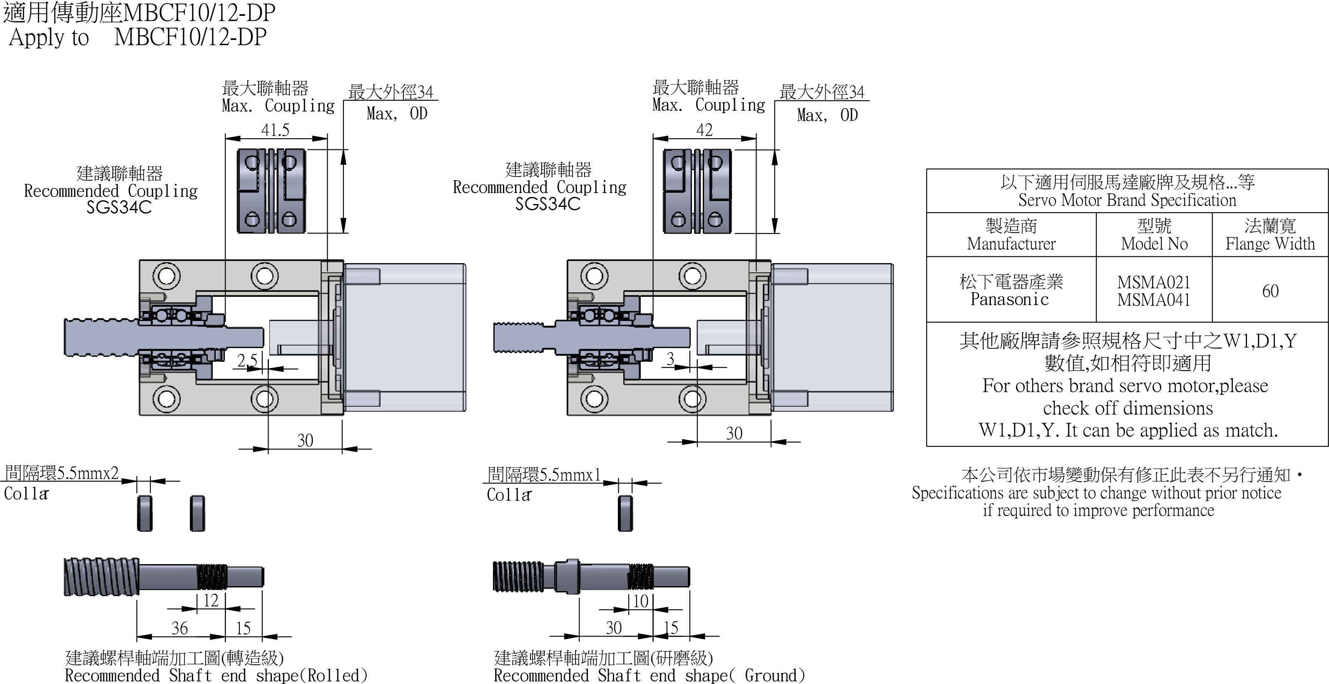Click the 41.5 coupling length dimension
pos(275,130)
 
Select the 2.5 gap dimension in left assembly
pos(246,360)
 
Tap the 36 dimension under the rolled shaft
pos(179,628)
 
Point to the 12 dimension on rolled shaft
pos(211,600)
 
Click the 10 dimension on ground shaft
pos(640,601)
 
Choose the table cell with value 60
pos(1270,291)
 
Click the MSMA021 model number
pos(1154,282)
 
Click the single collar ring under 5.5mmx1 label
pos(625,513)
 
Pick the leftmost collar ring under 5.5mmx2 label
pos(145,513)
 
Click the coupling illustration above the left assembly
pos(271,191)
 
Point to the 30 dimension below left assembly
pos(305,440)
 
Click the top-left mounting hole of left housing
pos(166,276)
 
